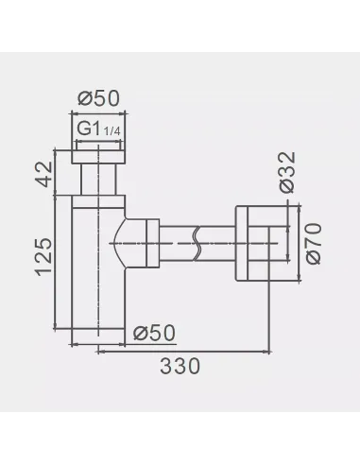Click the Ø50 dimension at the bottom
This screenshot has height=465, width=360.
point(154,333)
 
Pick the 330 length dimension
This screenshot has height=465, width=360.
point(180,366)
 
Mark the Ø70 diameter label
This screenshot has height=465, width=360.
point(315,244)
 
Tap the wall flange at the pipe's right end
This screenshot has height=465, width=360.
point(249,243)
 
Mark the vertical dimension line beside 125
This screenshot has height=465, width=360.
point(62,257)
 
